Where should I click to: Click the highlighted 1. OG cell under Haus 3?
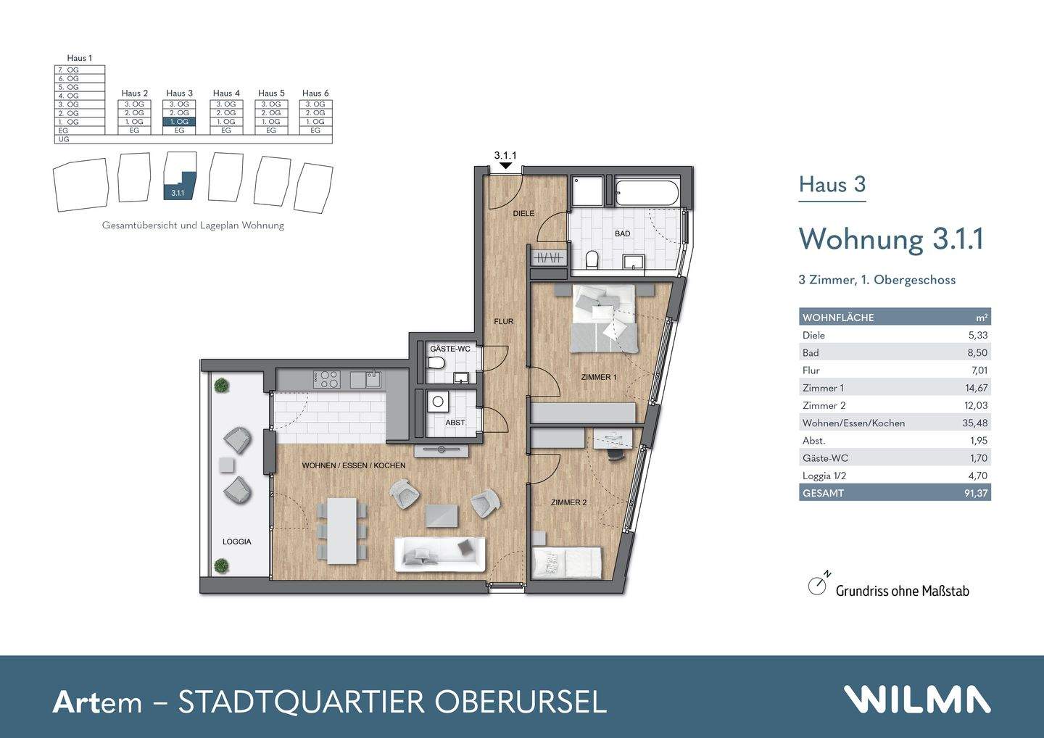coord(179,122)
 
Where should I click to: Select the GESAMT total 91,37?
coord(975,493)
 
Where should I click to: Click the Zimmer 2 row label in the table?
coord(824,405)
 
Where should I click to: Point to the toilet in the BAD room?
coord(591,259)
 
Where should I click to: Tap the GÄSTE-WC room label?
coord(449,349)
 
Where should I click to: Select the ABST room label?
coord(455,423)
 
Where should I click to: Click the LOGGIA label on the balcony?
coord(236,542)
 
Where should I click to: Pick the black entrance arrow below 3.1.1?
coord(505,166)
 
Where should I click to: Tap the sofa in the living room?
coord(439,555)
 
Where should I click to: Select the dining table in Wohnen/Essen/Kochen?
coord(341,530)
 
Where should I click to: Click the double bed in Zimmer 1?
coord(605,318)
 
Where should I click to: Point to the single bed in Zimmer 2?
coord(567,562)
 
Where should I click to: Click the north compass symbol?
coord(818,586)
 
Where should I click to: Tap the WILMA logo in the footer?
coord(916,700)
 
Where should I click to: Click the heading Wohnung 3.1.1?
coord(890,239)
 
